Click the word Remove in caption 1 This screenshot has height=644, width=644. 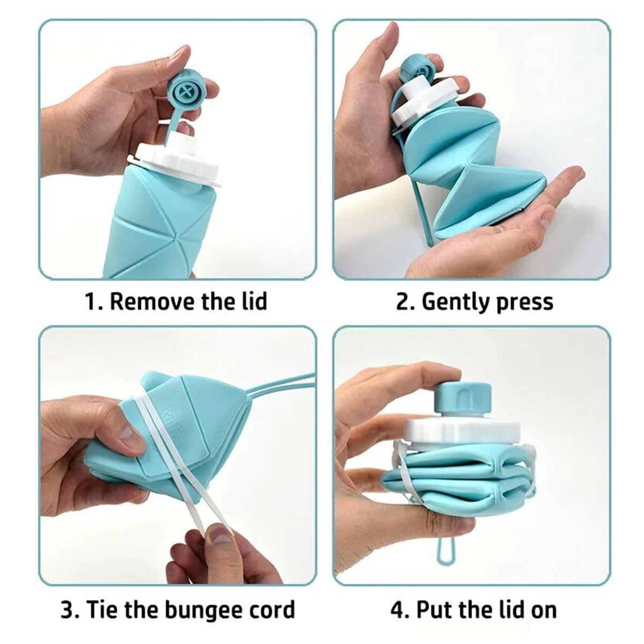[152, 301]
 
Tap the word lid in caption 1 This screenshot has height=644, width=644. [252, 301]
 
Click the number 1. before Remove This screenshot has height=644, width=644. [94, 302]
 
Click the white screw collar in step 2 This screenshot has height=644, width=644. [424, 100]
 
